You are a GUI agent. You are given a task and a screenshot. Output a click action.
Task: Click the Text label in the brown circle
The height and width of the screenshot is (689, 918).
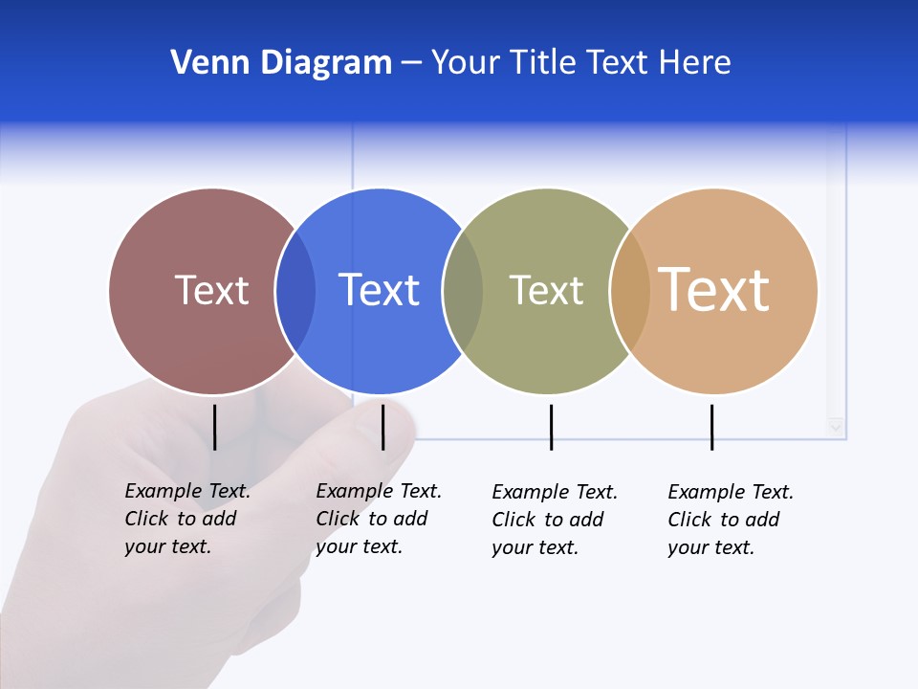[x=211, y=290]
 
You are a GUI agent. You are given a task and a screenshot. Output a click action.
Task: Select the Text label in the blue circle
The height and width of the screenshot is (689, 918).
[x=380, y=290]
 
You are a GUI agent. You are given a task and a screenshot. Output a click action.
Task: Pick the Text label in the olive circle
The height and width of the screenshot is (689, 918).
[x=546, y=290]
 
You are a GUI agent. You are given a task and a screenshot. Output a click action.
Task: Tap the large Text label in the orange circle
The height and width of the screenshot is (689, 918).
[x=714, y=290]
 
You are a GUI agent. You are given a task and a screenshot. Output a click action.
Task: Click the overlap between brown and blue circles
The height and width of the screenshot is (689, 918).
[x=295, y=291]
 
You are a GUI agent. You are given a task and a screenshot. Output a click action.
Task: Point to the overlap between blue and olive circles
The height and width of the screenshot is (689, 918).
[x=463, y=291]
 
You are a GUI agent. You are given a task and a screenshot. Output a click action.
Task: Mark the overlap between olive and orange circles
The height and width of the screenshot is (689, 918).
[x=630, y=291]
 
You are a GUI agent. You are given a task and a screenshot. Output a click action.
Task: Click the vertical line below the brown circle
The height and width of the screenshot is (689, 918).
[x=215, y=427]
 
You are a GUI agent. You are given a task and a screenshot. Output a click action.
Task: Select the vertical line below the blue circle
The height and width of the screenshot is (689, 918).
[x=382, y=427]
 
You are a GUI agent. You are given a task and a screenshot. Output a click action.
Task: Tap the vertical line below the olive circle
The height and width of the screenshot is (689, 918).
[x=551, y=427]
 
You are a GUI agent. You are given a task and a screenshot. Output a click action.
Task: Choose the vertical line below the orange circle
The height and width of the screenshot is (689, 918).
[x=711, y=427]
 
